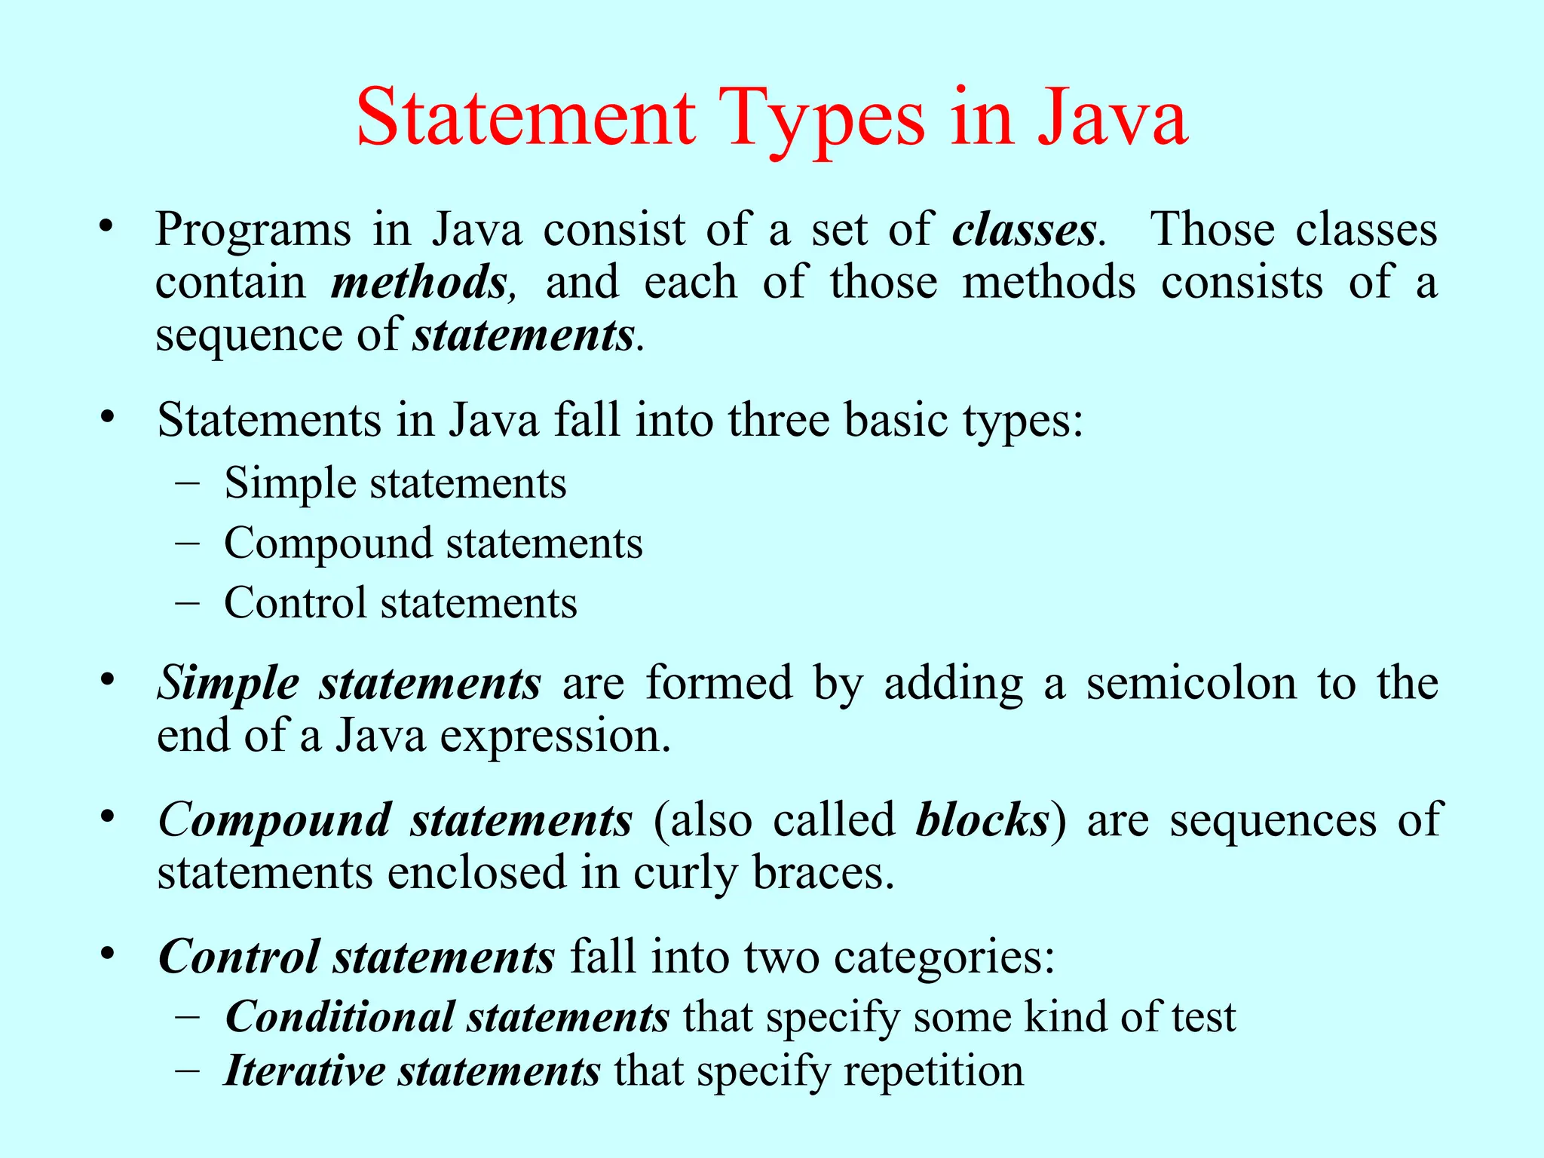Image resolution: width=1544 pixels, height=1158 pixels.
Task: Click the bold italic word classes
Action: (x=1024, y=229)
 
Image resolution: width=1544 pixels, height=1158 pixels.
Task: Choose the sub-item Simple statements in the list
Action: (x=395, y=483)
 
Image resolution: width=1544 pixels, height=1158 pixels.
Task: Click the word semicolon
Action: (x=1190, y=683)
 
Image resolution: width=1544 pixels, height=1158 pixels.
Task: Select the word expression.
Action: (x=554, y=737)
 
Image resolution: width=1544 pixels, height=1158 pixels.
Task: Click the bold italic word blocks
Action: (x=982, y=820)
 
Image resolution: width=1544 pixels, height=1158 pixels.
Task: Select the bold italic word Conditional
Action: (x=339, y=1018)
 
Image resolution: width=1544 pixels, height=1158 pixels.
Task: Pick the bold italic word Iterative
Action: (x=305, y=1071)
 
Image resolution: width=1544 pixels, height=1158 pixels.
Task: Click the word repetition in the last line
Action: (x=933, y=1071)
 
